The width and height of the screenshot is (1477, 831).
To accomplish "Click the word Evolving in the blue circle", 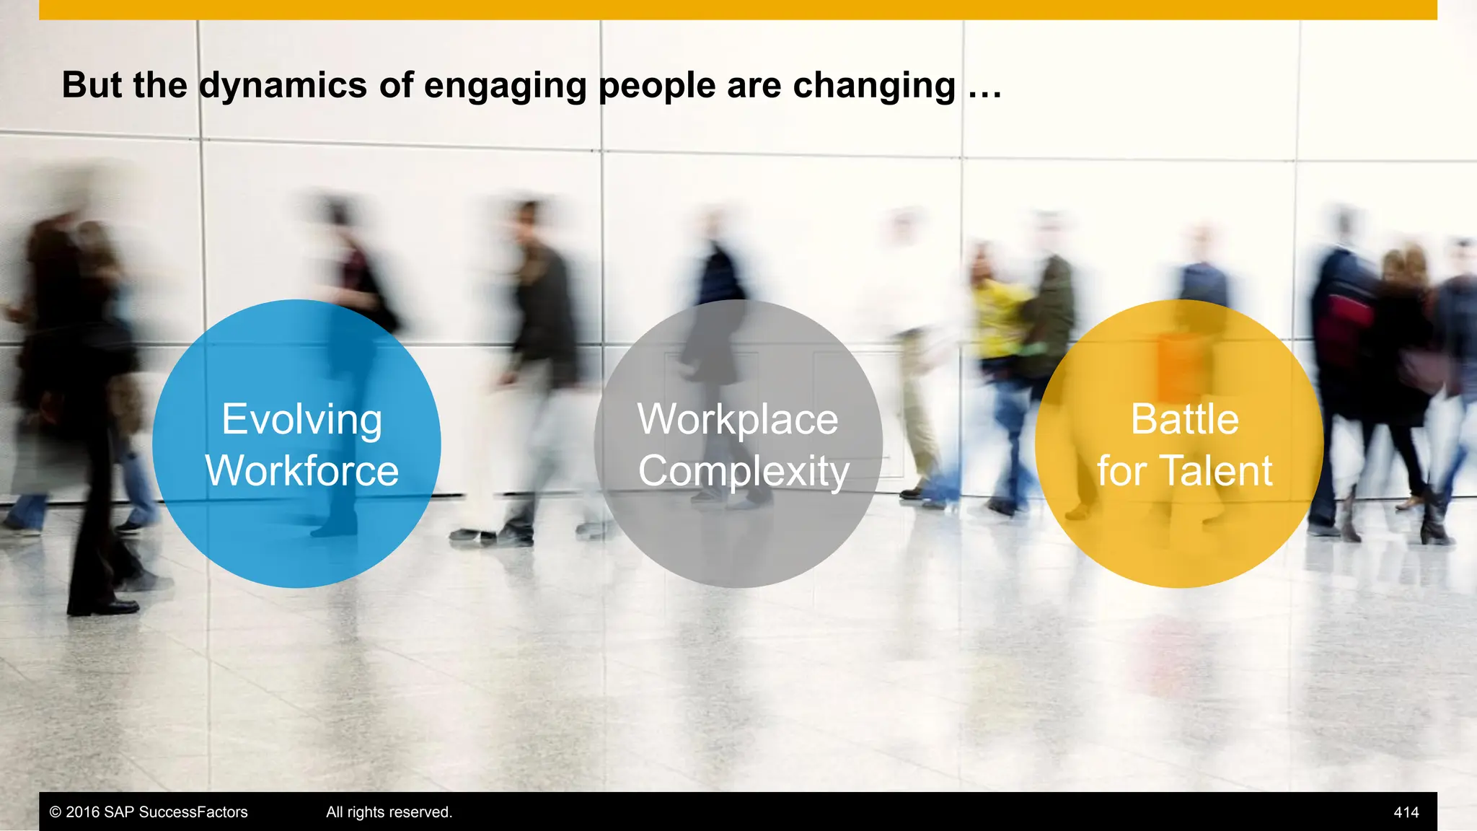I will pyautogui.click(x=301, y=419).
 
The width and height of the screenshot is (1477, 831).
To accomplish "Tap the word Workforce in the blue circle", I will pyautogui.click(x=301, y=470).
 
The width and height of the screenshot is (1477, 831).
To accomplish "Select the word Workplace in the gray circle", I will pyautogui.click(x=738, y=419).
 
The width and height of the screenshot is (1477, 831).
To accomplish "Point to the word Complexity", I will pyautogui.click(x=743, y=472).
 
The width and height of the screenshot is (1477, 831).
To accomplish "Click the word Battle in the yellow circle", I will pyautogui.click(x=1184, y=419).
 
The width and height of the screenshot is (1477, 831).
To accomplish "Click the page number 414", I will pyautogui.click(x=1406, y=812).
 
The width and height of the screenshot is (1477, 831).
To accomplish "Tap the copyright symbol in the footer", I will pyautogui.click(x=55, y=812).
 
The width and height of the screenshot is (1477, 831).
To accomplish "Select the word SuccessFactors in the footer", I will pyautogui.click(x=193, y=812).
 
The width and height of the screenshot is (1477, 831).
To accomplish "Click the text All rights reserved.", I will pyautogui.click(x=389, y=812).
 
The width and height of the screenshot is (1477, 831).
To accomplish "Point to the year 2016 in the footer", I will pyautogui.click(x=82, y=812).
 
